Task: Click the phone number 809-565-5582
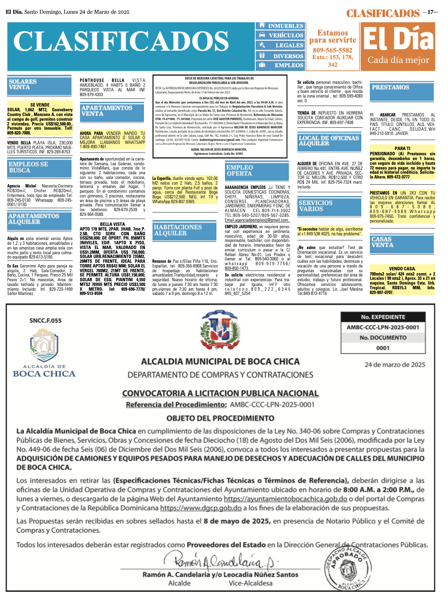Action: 332,50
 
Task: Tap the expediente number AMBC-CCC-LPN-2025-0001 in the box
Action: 383,327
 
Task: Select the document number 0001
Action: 383,348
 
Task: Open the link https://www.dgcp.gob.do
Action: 201,508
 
